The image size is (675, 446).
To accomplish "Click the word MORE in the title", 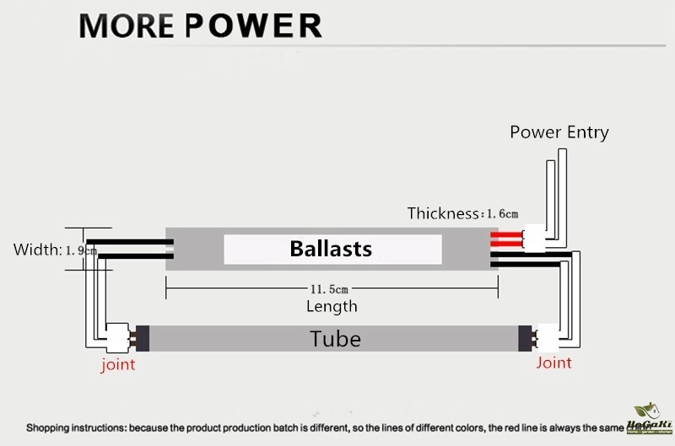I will [126, 25].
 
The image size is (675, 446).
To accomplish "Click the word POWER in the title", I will [252, 25].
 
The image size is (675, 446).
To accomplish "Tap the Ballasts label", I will [331, 249].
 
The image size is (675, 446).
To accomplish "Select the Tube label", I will [335, 339].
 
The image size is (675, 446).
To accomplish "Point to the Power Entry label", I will [559, 132].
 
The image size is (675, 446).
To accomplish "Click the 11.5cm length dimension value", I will [332, 289].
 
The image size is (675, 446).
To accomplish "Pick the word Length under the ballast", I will [332, 306].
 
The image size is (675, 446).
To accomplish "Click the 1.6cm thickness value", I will [500, 214].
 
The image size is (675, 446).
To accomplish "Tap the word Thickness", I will [443, 213].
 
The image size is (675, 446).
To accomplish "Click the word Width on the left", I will [35, 250].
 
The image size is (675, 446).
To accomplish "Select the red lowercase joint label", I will [118, 365].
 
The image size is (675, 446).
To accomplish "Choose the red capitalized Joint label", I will [553, 363].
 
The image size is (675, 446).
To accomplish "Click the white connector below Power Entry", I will [535, 238].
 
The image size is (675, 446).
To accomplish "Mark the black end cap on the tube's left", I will [143, 338].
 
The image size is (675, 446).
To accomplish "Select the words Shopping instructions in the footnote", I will [76, 428].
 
